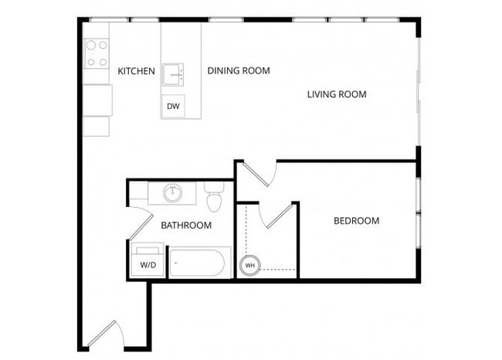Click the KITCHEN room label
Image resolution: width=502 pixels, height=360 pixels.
coord(136,72)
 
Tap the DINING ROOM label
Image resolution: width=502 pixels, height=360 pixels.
coord(239,71)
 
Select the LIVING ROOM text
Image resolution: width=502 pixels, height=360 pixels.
coord(336,95)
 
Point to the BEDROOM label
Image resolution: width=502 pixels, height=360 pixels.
coord(356,221)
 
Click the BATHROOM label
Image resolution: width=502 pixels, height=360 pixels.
coord(186,226)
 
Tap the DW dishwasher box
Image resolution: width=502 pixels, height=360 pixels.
coord(173,107)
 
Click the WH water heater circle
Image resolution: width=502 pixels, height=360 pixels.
coord(249,266)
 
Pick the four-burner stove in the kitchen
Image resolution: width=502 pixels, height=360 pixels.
coord(97,53)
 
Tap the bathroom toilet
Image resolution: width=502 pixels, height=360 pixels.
coord(214,197)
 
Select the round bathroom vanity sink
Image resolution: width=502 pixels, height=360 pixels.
coord(172,193)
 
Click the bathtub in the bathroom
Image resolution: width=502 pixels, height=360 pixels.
coord(199,263)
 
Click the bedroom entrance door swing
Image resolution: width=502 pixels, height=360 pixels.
coord(259,173)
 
